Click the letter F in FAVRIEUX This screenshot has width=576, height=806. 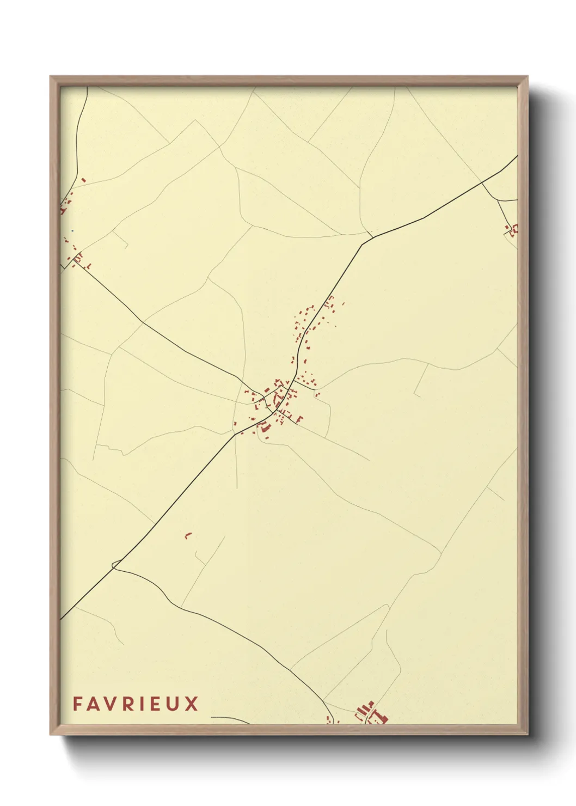[x=77, y=704]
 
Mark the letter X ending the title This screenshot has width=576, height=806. [x=192, y=704]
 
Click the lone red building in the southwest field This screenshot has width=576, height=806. [x=188, y=536]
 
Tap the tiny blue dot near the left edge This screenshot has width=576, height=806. [x=72, y=230]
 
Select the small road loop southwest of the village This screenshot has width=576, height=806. [x=115, y=564]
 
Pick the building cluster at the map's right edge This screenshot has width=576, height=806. [x=512, y=229]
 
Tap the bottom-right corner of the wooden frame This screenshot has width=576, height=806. [x=528, y=734]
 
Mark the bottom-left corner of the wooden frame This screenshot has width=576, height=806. [x=51, y=734]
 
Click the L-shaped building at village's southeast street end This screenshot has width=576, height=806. [x=299, y=419]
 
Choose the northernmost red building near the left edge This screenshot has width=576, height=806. [x=83, y=180]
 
